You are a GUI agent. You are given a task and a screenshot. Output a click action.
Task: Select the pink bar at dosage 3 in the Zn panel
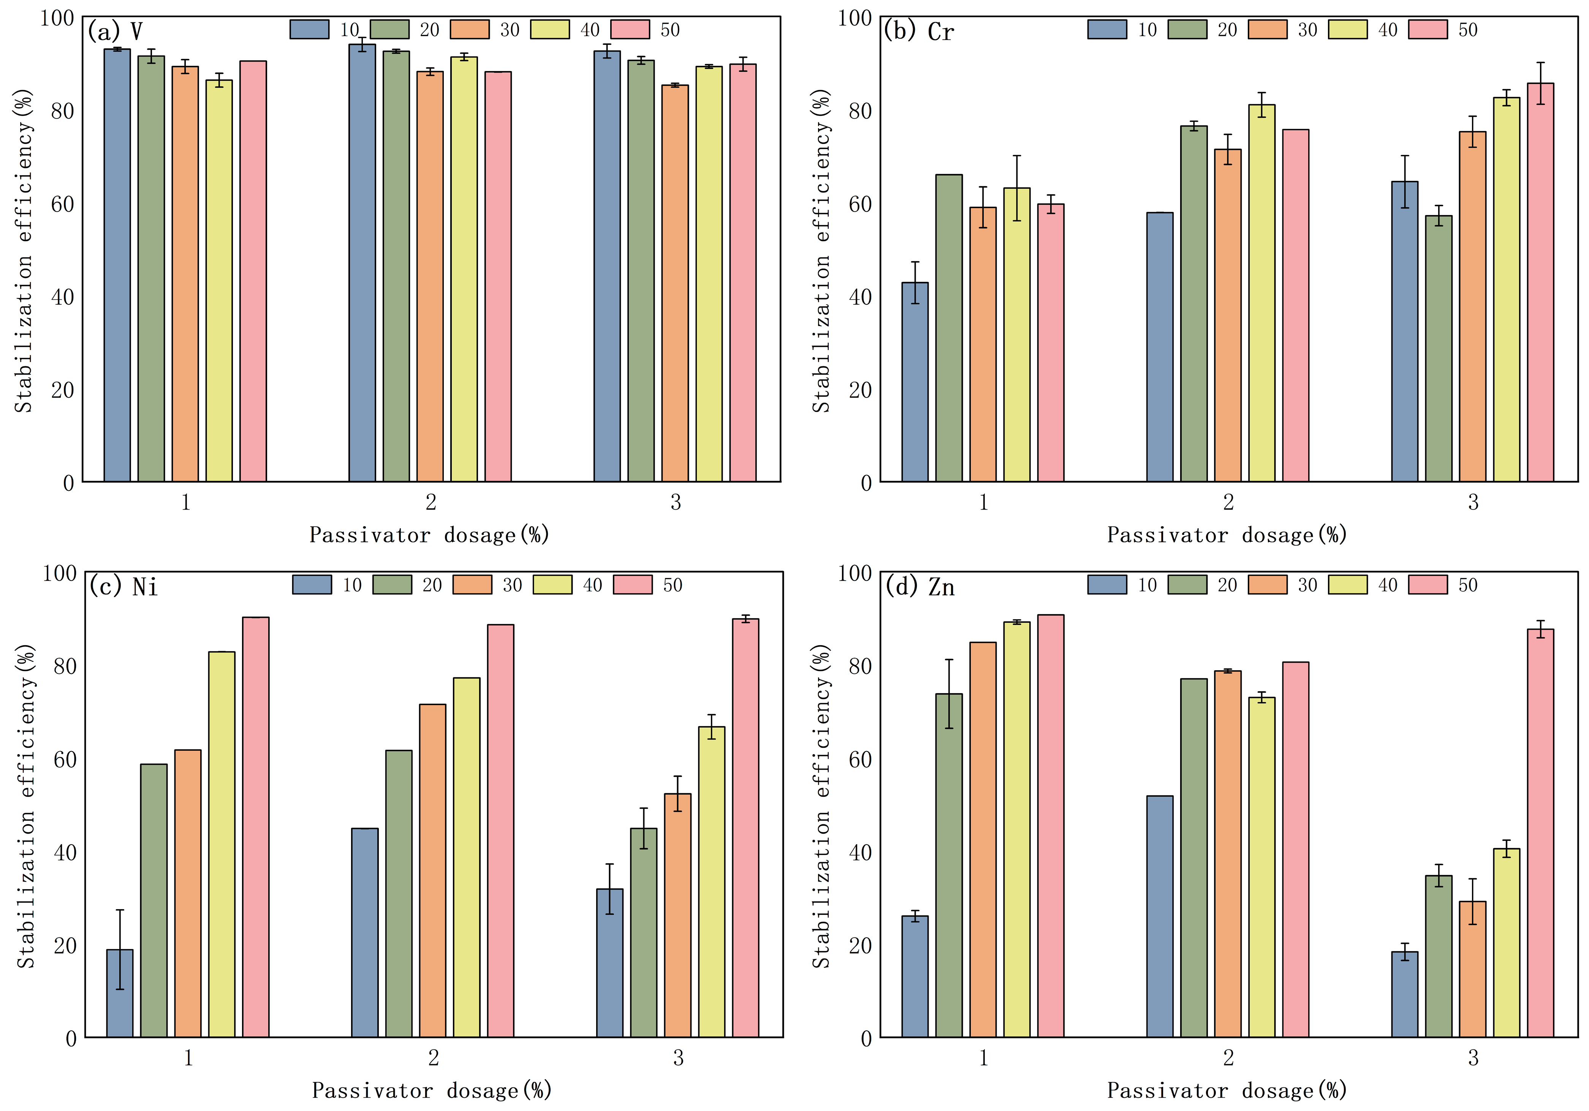1540,833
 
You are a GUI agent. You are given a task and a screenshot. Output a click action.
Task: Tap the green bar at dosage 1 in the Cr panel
949,328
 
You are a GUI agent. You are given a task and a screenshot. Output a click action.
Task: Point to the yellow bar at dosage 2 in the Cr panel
1261,293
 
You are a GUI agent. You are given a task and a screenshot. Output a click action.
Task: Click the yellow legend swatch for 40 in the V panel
550,30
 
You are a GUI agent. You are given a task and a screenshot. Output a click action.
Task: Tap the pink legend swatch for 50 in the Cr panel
1428,30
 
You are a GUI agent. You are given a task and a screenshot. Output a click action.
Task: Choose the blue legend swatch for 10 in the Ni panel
312,585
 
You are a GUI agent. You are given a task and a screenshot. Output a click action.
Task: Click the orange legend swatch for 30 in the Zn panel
1267,585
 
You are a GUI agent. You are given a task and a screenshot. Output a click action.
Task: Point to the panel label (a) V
115,32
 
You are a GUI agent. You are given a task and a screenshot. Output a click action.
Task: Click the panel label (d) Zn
920,587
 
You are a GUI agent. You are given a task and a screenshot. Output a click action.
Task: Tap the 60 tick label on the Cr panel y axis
860,204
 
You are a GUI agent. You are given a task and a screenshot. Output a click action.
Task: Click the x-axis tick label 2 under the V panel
430,502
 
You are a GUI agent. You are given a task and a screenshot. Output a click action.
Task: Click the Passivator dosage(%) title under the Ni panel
432,1090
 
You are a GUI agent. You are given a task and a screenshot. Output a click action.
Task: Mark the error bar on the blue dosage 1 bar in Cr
915,282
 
